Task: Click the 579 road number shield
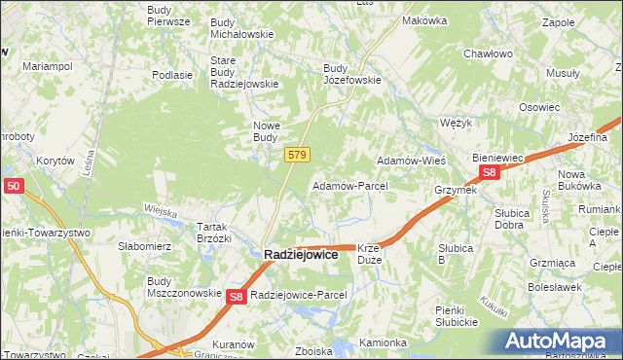298,155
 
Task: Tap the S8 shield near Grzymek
489,173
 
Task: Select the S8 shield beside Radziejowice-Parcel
236,297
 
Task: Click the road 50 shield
13,184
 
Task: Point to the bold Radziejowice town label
301,254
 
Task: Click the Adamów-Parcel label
349,185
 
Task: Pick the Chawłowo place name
488,54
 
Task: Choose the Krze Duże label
375,254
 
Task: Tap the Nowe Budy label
267,131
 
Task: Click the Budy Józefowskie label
351,74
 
